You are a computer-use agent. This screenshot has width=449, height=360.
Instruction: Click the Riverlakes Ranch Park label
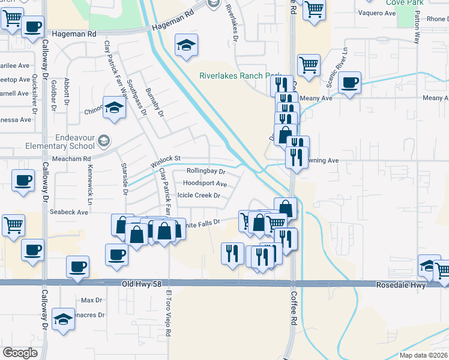tap(240, 76)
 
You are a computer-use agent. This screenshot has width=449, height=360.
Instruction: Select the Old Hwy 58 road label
tap(142, 283)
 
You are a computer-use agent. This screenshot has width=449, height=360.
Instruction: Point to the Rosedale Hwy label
tap(401, 285)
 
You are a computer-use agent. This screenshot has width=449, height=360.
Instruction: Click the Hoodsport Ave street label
tap(205, 184)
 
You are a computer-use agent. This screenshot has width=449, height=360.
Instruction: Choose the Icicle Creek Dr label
tap(199, 196)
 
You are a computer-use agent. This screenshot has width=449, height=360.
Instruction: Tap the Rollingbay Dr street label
tap(205, 172)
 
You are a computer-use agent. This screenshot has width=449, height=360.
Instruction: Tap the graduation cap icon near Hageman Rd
tap(187, 45)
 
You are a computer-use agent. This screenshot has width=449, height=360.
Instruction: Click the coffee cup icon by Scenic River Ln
tap(349, 83)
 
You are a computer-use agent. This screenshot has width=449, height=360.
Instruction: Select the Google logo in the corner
tap(20, 353)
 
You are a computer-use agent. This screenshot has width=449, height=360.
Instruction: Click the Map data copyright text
tap(424, 355)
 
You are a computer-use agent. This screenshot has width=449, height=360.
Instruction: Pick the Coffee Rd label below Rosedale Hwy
tap(294, 321)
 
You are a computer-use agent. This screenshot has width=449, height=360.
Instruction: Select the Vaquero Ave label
tap(374, 13)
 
